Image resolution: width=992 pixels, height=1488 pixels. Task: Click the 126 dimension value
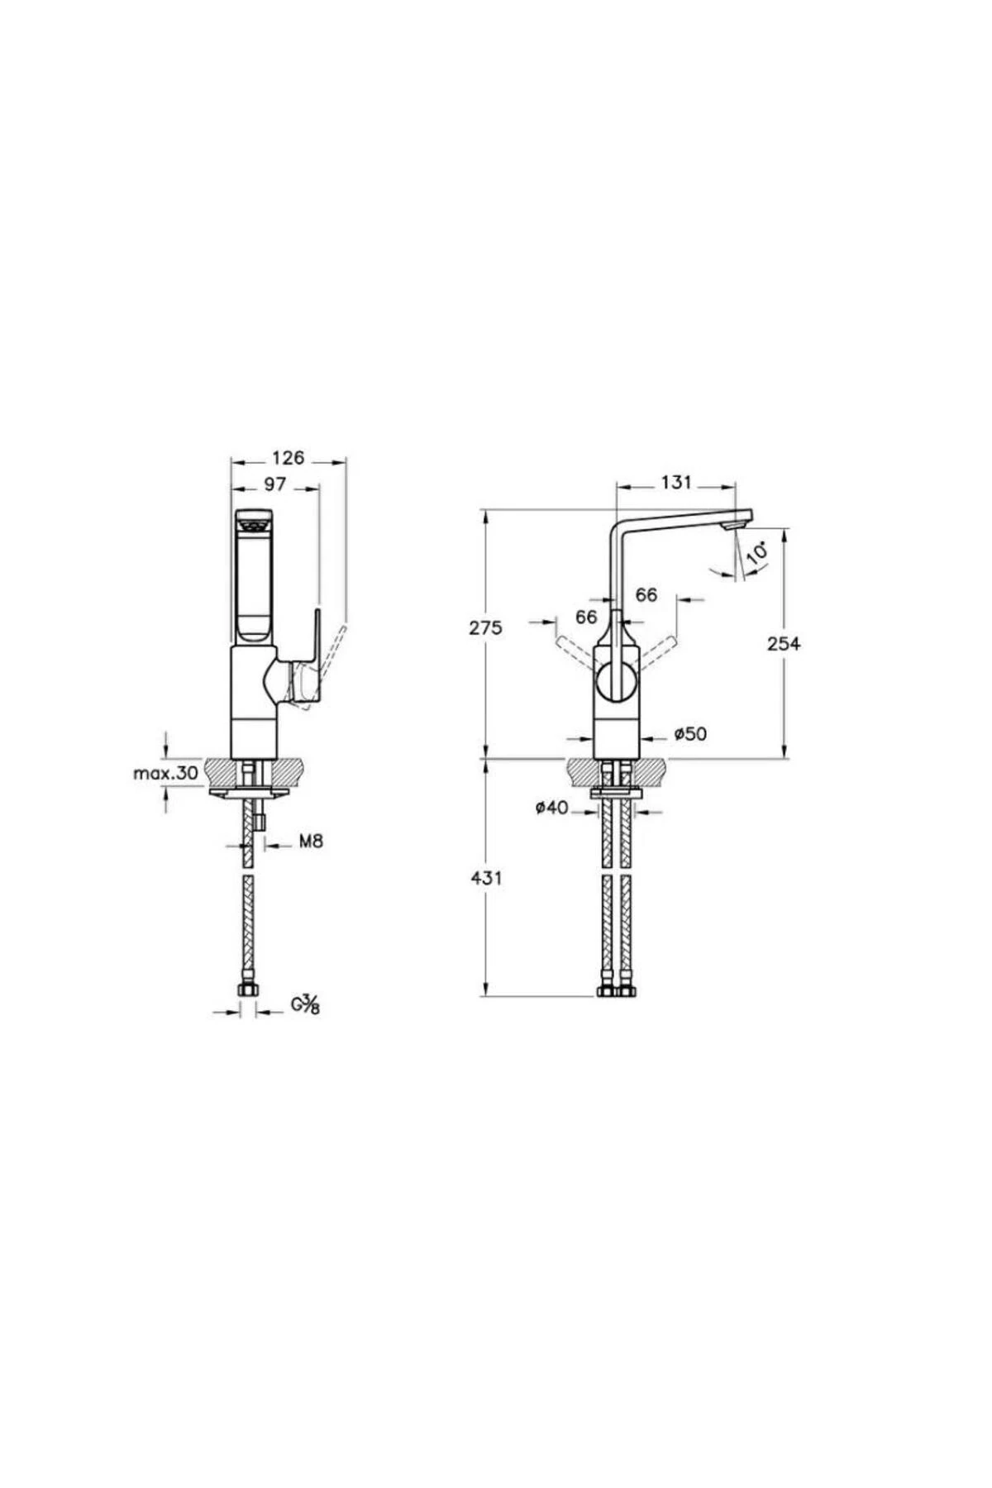(288, 457)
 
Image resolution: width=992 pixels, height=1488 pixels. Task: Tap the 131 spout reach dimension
(675, 482)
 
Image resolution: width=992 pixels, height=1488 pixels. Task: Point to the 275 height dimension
(485, 627)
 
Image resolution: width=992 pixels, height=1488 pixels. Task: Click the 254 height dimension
(784, 643)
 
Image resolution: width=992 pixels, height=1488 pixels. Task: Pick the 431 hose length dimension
(485, 878)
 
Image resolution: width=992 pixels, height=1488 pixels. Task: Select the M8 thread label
(310, 842)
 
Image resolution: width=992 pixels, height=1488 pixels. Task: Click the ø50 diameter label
(689, 733)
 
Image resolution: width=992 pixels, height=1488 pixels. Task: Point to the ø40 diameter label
(551, 808)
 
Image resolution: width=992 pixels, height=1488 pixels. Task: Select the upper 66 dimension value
(646, 594)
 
